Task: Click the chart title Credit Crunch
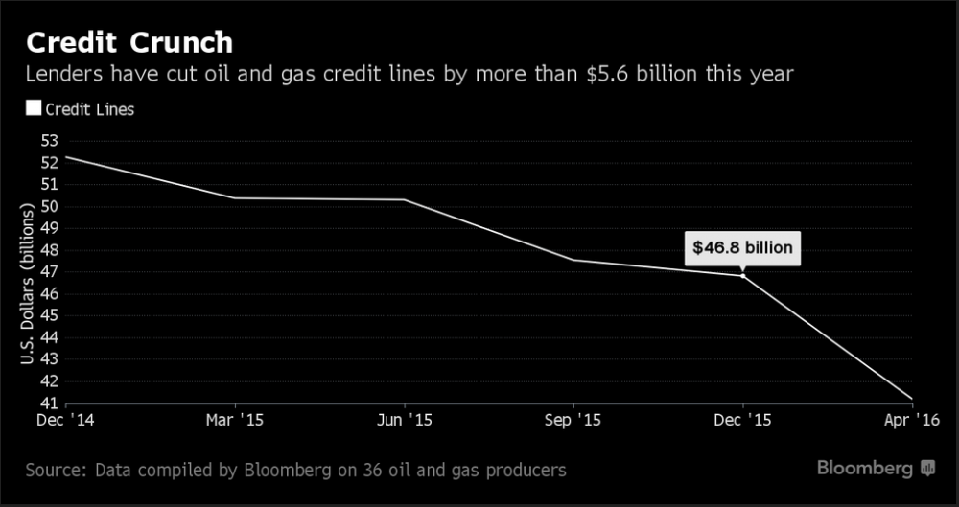(x=129, y=43)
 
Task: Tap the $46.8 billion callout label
(x=743, y=248)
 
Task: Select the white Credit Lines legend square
(x=34, y=108)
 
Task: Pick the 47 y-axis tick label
(x=49, y=271)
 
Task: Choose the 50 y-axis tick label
(x=49, y=206)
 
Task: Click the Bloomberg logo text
(x=865, y=469)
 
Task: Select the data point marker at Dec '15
(x=742, y=275)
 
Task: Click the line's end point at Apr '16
(x=912, y=399)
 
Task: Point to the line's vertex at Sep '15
(x=573, y=260)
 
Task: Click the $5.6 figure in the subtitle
(x=596, y=73)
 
